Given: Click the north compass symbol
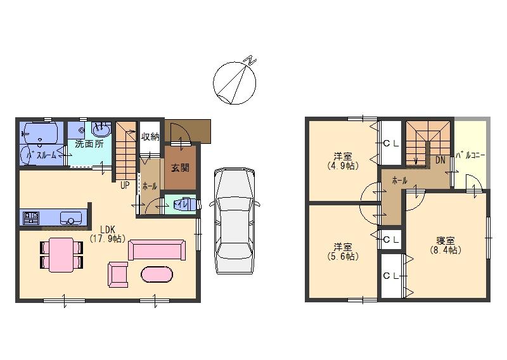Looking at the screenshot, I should tap(235, 82).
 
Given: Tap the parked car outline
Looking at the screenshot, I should tap(234, 219).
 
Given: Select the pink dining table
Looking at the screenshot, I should tap(61, 254).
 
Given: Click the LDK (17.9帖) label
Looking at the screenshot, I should tap(107, 235).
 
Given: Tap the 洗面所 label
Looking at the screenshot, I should tap(89, 145).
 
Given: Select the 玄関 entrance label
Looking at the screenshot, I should tap(180, 168).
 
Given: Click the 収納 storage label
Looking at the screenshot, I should tap(150, 136).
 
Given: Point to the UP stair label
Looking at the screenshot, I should tap(125, 186).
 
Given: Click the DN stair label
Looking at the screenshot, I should tap(440, 161).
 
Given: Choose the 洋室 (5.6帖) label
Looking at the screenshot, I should tap(343, 252).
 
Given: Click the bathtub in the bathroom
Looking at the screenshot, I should tap(39, 133).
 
